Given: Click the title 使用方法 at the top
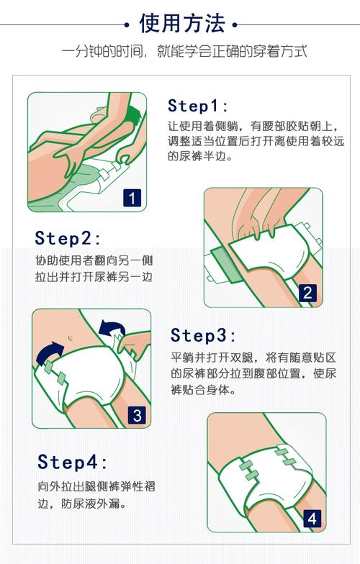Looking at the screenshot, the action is pyautogui.click(x=182, y=24).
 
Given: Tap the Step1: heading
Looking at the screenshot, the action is pyautogui.click(x=197, y=106).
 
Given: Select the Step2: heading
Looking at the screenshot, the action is pyautogui.click(x=68, y=238).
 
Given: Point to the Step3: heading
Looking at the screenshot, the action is pyautogui.click(x=203, y=335).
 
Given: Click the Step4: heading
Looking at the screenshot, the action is pyautogui.click(x=72, y=462).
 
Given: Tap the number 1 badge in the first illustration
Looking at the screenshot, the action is pyautogui.click(x=132, y=199).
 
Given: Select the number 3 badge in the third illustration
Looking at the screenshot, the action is pyautogui.click(x=137, y=416).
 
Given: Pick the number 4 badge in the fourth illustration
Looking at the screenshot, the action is pyautogui.click(x=312, y=519).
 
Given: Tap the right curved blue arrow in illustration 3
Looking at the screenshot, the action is pyautogui.click(x=112, y=327).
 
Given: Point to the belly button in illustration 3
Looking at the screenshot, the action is pyautogui.click(x=70, y=338).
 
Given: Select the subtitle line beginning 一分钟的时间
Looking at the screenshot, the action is pyautogui.click(x=184, y=52).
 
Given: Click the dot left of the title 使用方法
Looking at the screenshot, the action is pyautogui.click(x=127, y=25).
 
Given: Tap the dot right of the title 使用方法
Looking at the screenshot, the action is pyautogui.click(x=235, y=25).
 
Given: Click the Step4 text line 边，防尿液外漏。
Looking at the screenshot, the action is pyautogui.click(x=82, y=504).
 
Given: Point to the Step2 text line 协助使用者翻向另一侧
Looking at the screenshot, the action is pyautogui.click(x=94, y=260).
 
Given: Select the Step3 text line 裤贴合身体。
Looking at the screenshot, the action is pyautogui.click(x=203, y=390).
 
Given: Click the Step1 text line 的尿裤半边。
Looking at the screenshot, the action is pyautogui.click(x=200, y=156).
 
